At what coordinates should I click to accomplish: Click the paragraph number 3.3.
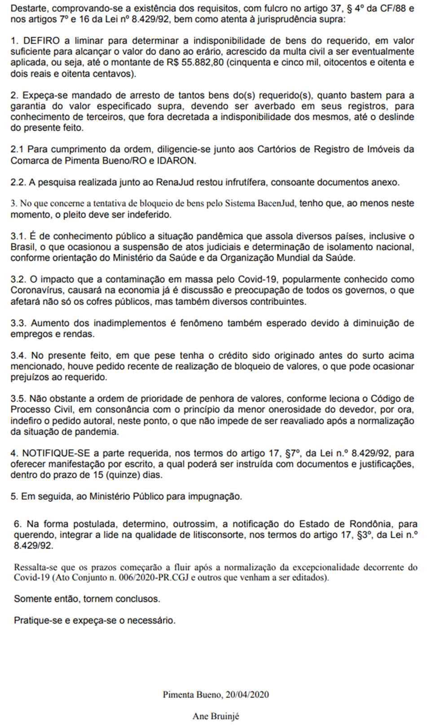18,323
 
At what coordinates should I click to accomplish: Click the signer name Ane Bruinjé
215,716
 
